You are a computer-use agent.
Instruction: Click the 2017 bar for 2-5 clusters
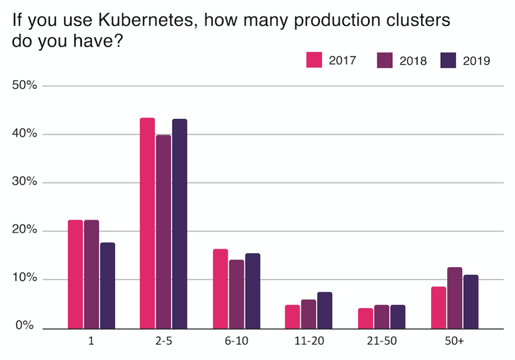[x=148, y=223]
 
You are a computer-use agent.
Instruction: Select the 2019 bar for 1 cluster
[x=107, y=285]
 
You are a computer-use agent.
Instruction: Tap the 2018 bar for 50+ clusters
[x=454, y=298]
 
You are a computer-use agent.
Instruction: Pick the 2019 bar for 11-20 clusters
[x=325, y=310]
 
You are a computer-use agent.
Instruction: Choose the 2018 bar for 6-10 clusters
[x=236, y=294]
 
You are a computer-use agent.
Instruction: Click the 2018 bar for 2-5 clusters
[x=164, y=232]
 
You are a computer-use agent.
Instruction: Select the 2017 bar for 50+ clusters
[x=439, y=307]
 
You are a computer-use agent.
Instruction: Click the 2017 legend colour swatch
[x=314, y=60]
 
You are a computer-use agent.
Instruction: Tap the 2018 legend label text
[x=413, y=61]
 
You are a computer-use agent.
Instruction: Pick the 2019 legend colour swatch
[x=448, y=60]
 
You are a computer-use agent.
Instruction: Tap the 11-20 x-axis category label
[x=308, y=341]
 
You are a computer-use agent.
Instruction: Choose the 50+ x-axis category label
[x=454, y=341]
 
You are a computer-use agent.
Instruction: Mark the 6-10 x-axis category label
[x=236, y=341]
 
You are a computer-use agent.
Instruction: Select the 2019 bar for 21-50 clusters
[x=397, y=317]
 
